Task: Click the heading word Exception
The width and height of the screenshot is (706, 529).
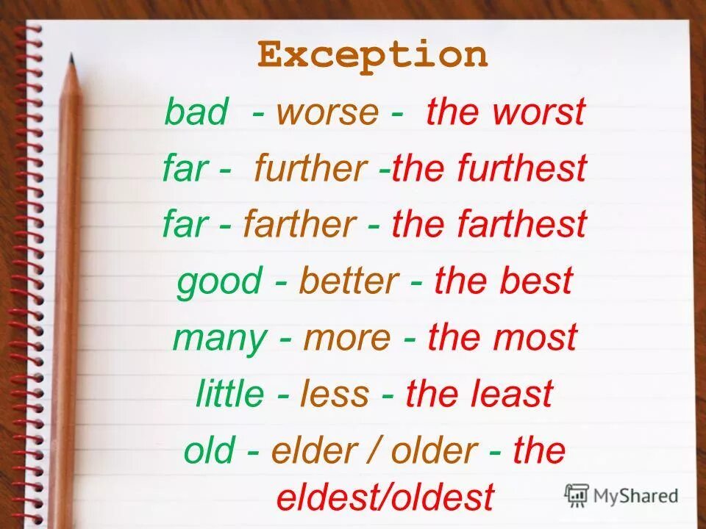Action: pyautogui.click(x=372, y=55)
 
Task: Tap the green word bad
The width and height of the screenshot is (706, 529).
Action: pyautogui.click(x=196, y=112)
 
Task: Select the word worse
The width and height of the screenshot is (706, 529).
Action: pyautogui.click(x=327, y=112)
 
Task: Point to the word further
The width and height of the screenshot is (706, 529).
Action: pyautogui.click(x=310, y=168)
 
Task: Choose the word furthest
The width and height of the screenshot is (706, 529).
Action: pyautogui.click(x=522, y=168)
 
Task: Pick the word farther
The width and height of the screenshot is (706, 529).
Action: pyautogui.click(x=300, y=224)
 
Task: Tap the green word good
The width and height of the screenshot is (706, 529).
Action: pyautogui.click(x=219, y=281)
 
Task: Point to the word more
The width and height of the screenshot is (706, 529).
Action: pyautogui.click(x=348, y=338)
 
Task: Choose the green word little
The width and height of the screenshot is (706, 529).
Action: pyautogui.click(x=229, y=394)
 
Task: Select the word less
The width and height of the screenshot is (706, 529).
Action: pyautogui.click(x=335, y=394)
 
